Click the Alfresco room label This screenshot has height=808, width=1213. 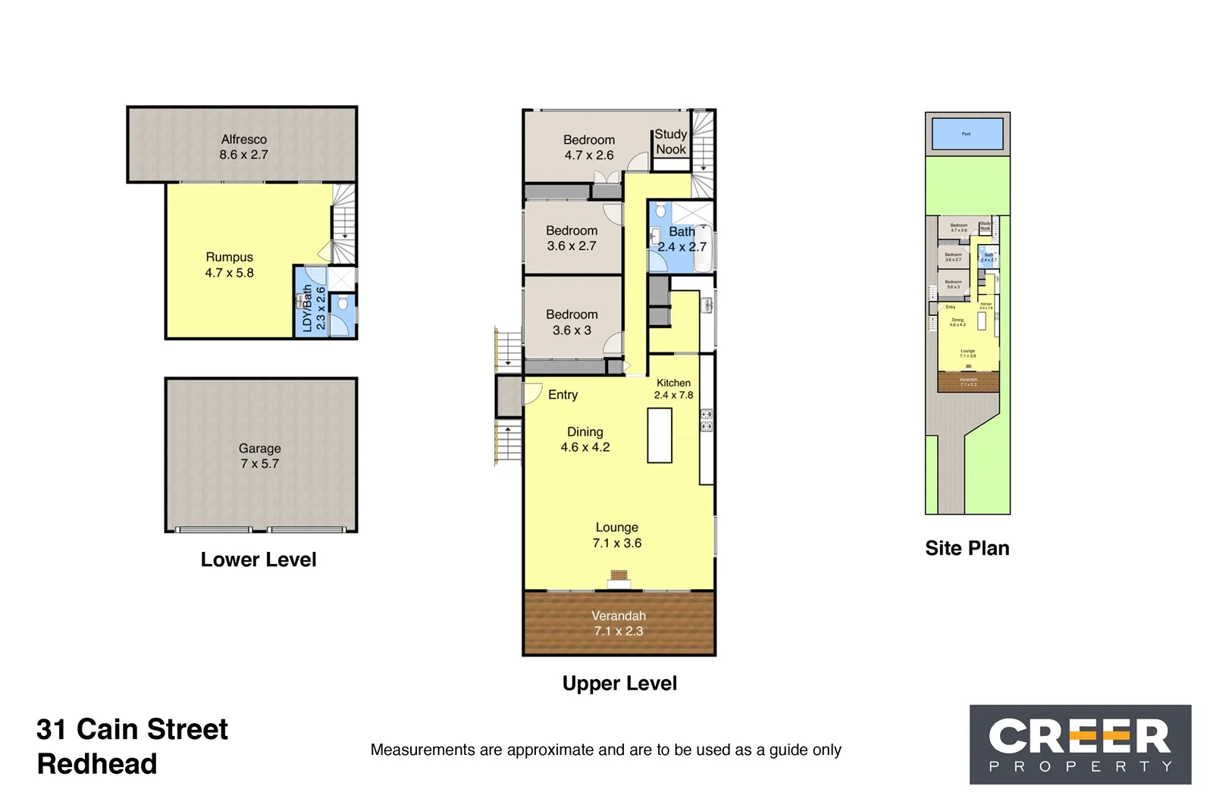point(243,139)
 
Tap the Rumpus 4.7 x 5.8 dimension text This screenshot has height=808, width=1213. point(229,273)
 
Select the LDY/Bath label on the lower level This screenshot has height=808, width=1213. point(307,308)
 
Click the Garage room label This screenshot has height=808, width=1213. point(259,449)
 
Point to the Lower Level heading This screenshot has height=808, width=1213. point(259,560)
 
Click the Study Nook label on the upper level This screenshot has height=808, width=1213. point(671,142)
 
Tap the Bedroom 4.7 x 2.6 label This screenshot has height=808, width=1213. point(589,148)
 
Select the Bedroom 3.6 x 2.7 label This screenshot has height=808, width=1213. point(572,238)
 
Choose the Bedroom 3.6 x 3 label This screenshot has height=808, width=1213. point(572,322)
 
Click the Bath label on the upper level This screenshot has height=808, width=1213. point(682,232)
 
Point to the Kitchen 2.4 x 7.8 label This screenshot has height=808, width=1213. point(673,389)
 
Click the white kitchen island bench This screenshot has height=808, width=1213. point(660,436)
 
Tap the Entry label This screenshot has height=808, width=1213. point(563,395)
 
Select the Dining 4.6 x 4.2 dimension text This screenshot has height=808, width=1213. point(585,447)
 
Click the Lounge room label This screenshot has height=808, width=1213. point(616,528)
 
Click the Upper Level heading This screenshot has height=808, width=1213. point(619,684)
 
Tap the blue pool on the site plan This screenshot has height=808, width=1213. point(967,134)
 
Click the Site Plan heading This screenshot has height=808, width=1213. point(967,549)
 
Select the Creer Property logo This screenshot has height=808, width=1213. point(1080,744)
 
